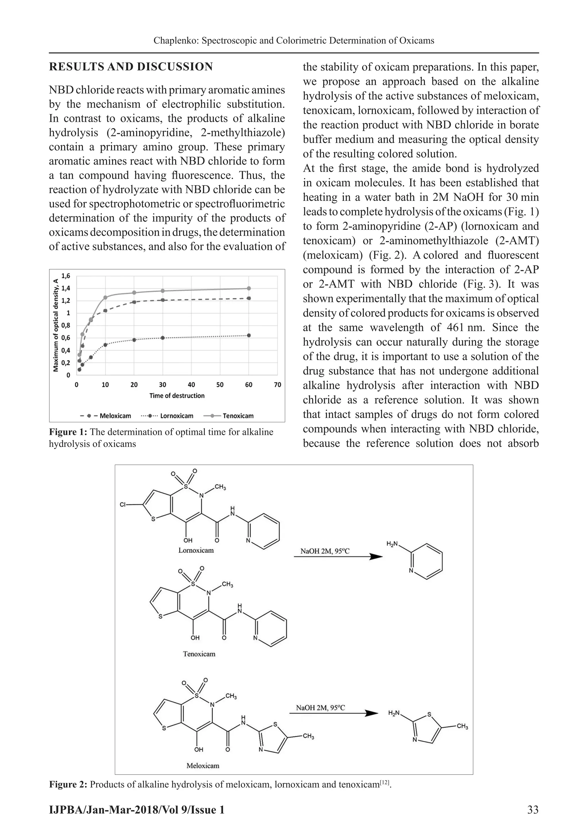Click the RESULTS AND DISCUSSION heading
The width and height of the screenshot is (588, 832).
point(131,67)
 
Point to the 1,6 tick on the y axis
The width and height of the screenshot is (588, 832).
point(66,276)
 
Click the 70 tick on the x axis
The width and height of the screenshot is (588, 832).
point(277,385)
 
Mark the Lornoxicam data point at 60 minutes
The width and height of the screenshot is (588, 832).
point(249,335)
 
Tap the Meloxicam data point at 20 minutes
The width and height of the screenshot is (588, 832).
point(134,302)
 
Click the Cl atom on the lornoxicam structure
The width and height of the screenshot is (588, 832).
point(123,504)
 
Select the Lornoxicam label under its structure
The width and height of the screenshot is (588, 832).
point(196,550)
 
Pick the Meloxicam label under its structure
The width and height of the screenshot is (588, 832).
point(203,766)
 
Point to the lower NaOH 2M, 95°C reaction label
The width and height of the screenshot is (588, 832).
point(320,708)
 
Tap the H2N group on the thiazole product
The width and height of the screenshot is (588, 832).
point(394,713)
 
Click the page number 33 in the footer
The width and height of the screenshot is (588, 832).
point(533,810)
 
